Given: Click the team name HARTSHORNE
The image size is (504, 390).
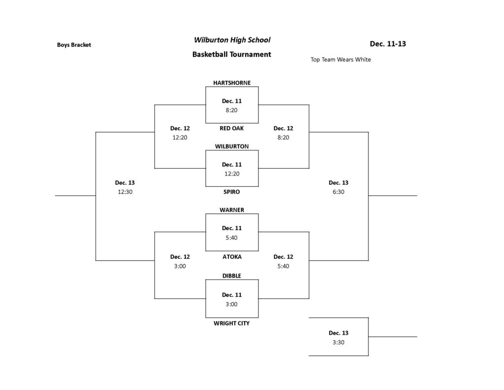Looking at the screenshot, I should [x=231, y=83].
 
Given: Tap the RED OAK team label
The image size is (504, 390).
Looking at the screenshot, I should [x=231, y=128].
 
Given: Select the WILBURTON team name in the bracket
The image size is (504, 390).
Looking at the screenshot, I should [x=231, y=146].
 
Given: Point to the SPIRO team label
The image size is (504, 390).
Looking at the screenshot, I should [x=231, y=192].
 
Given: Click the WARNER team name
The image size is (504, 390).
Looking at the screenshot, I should [x=231, y=210].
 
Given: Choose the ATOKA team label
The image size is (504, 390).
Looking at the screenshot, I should [x=231, y=257].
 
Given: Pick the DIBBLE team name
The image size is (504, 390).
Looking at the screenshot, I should [x=231, y=276].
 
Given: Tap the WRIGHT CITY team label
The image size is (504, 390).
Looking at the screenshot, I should [x=231, y=323].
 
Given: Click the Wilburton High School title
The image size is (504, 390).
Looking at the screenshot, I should [x=232, y=40].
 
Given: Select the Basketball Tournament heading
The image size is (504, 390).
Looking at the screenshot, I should [x=231, y=54].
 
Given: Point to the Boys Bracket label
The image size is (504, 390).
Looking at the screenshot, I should [x=74, y=45].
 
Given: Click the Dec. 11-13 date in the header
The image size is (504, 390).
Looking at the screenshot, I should [x=388, y=44].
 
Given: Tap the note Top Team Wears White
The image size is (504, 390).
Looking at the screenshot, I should [x=341, y=60].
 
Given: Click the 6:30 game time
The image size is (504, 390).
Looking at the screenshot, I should [x=338, y=192].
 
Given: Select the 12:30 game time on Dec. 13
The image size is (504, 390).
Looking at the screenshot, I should [x=125, y=192].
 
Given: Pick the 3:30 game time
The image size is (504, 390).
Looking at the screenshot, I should [x=338, y=342].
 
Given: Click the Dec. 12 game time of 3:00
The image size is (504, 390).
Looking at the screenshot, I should [x=180, y=266].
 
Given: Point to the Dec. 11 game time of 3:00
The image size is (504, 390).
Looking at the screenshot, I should [x=231, y=304].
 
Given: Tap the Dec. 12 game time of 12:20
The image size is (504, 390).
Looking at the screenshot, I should [x=180, y=138].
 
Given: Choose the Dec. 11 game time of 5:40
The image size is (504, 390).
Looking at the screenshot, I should [x=231, y=238].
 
